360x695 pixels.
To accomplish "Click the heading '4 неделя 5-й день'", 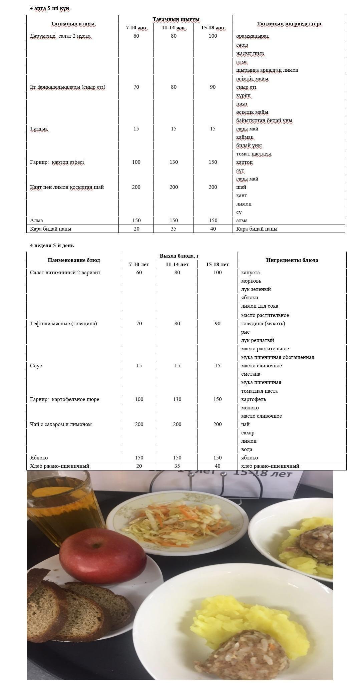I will tap(52, 246).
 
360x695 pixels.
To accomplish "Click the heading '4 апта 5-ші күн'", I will tap(50, 8).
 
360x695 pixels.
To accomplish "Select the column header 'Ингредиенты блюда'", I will tap(292, 260).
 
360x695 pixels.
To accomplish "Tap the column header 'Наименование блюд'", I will tap(74, 260).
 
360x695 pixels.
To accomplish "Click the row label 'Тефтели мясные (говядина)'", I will tap(63, 323).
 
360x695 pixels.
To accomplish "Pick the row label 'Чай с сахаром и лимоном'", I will tap(61, 424).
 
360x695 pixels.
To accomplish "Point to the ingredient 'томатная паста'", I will tap(259, 391).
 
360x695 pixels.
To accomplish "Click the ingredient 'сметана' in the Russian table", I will tap(251, 374).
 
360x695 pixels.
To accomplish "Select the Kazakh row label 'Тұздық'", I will tap(39, 129).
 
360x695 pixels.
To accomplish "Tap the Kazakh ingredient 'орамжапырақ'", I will tap(253, 36).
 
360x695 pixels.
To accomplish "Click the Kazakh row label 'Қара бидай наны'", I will tap(50, 229).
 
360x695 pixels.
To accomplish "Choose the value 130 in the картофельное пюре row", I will tap(177, 399).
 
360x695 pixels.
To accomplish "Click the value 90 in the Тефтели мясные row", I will tap(217, 323).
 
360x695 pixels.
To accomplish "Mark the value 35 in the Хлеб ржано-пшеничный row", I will tap(177, 466).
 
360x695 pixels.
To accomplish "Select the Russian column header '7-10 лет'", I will tap(139, 265).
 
